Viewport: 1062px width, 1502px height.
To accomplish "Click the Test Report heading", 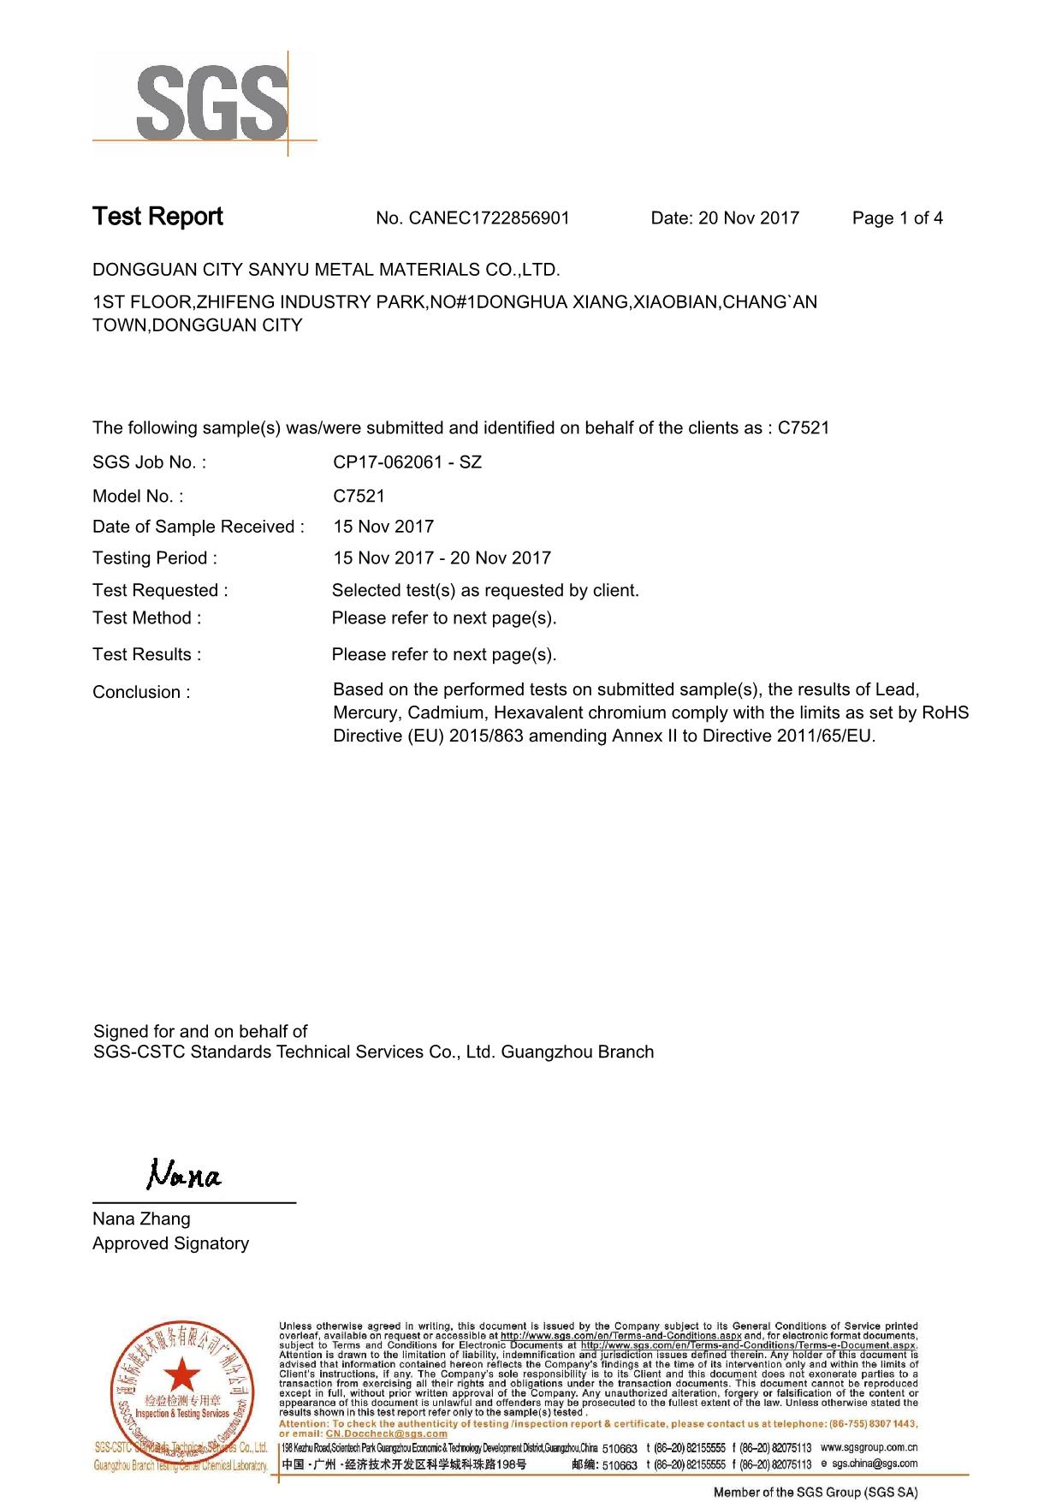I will tap(157, 217).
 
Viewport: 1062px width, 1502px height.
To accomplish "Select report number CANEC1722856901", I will tap(489, 218).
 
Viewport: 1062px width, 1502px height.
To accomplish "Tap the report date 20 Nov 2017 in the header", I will tap(749, 218).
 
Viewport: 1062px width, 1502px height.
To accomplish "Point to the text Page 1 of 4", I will tap(897, 218).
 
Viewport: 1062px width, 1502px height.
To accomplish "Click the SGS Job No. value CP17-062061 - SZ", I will tap(407, 462).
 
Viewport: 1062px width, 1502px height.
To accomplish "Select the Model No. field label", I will tap(138, 497).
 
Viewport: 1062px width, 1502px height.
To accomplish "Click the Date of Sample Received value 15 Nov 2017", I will tap(383, 527).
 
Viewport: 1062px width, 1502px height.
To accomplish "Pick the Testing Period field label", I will tap(155, 558).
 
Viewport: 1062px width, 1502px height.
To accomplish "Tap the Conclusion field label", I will tap(141, 692).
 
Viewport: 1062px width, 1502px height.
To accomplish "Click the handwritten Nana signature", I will tap(184, 1174).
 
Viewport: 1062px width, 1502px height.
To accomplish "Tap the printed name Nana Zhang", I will tap(141, 1219).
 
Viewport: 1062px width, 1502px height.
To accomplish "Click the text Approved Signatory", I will tap(170, 1243).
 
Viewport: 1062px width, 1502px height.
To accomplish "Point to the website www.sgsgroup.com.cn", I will tap(869, 1447).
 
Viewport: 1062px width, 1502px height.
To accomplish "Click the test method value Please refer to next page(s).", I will tap(444, 618).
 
